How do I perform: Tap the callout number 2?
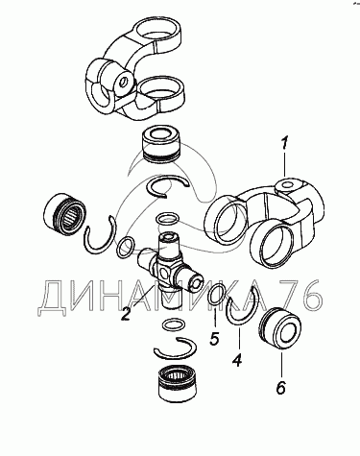click(x=126, y=313)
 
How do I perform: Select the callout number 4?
click(x=236, y=361)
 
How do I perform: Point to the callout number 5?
click(x=214, y=339)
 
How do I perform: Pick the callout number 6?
click(x=280, y=388)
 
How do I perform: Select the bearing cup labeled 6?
click(x=279, y=327)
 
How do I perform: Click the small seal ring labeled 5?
click(x=215, y=293)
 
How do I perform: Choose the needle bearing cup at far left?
click(x=65, y=211)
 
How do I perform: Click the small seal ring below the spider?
click(x=173, y=324)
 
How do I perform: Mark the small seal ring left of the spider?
click(x=124, y=248)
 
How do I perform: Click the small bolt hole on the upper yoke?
click(x=122, y=83)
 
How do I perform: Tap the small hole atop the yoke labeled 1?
click(x=287, y=184)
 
